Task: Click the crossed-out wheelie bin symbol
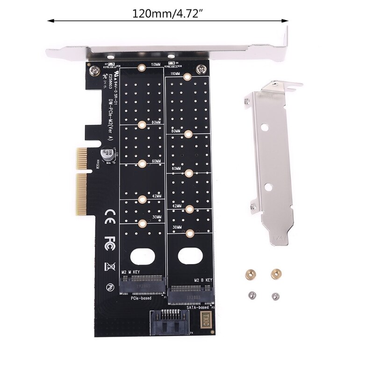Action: click(110, 267)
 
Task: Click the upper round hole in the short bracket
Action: click(264, 126)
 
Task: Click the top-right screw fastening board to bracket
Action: click(201, 69)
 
